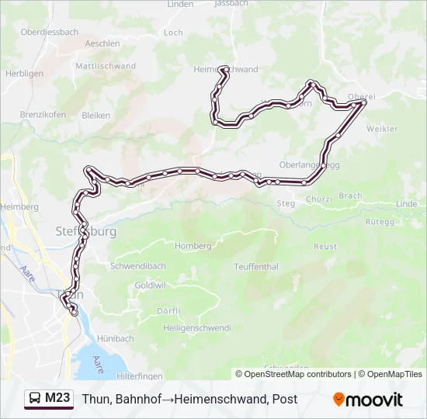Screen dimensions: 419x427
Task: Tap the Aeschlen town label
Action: pyautogui.click(x=103, y=43)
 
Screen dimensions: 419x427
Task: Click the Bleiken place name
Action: pyautogui.click(x=96, y=115)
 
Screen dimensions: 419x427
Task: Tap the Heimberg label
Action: pyautogui.click(x=19, y=207)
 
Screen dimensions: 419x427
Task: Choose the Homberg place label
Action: pyautogui.click(x=193, y=246)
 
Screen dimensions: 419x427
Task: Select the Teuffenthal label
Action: pyautogui.click(x=255, y=266)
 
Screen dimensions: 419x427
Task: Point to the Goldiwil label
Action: pyautogui.click(x=151, y=286)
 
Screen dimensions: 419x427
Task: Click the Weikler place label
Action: pyautogui.click(x=381, y=129)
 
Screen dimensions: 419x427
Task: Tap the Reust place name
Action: pyautogui.click(x=325, y=247)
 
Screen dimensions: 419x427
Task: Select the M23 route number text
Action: pyautogui.click(x=58, y=399)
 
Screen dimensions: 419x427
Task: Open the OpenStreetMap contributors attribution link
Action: pyautogui.click(x=297, y=374)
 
